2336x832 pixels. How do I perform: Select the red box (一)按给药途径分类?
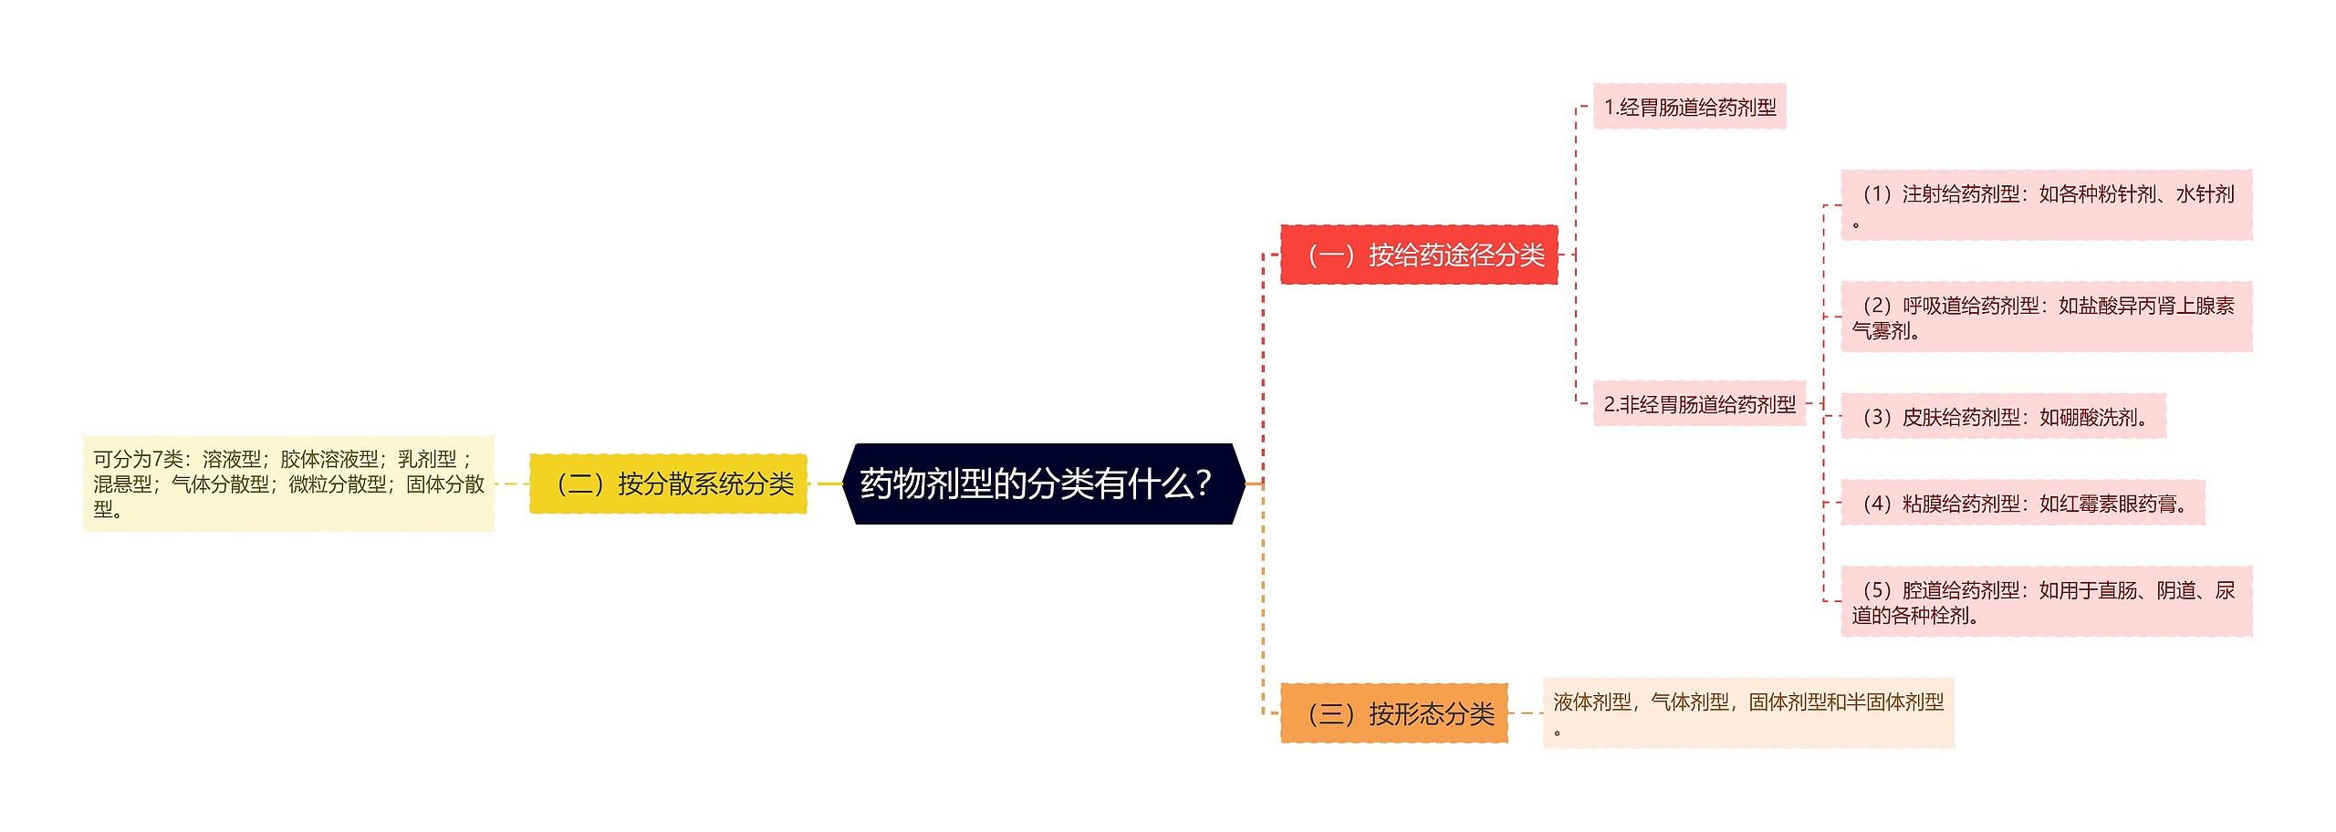coord(1419,255)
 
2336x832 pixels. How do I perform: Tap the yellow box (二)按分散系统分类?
coord(668,484)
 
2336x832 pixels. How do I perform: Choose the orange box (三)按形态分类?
coord(1393,713)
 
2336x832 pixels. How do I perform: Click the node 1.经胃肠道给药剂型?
coord(1689,107)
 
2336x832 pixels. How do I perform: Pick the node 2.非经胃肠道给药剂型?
coord(1699,404)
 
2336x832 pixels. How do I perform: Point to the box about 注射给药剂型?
coord(2046,205)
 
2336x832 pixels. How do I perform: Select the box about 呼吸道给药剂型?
coord(2046,317)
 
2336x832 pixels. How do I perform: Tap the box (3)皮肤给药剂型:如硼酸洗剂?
coord(2003,417)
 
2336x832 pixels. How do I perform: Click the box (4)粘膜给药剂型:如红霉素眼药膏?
coord(2022,503)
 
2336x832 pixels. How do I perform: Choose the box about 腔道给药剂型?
coord(2046,602)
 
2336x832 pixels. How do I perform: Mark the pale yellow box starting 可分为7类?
coord(288,484)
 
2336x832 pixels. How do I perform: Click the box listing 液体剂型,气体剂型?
coord(1748,713)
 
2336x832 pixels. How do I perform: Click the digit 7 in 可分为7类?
coord(157,459)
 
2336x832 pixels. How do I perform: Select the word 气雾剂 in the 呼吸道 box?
coord(1882,331)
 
